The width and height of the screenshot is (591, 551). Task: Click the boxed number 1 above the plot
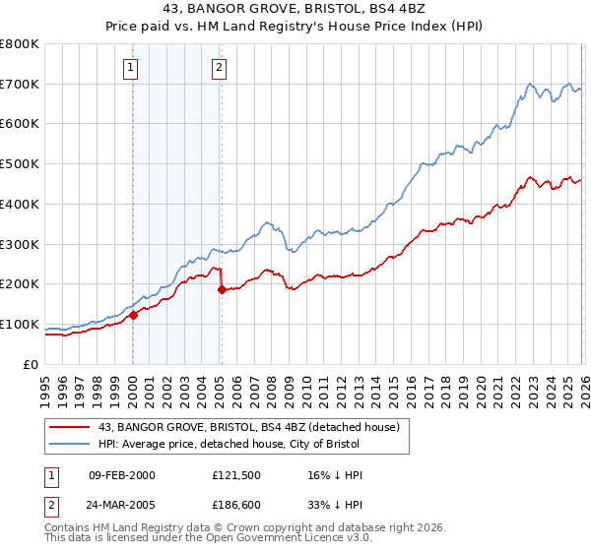pyautogui.click(x=131, y=68)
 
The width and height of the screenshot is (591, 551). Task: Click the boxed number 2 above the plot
pyautogui.click(x=218, y=68)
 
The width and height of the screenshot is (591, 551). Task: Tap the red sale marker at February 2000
pyautogui.click(x=133, y=316)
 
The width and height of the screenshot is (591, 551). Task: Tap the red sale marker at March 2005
pyautogui.click(x=222, y=289)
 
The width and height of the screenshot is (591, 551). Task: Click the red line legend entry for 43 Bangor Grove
pyautogui.click(x=235, y=427)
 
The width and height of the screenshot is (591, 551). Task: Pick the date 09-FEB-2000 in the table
pyautogui.click(x=121, y=475)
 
